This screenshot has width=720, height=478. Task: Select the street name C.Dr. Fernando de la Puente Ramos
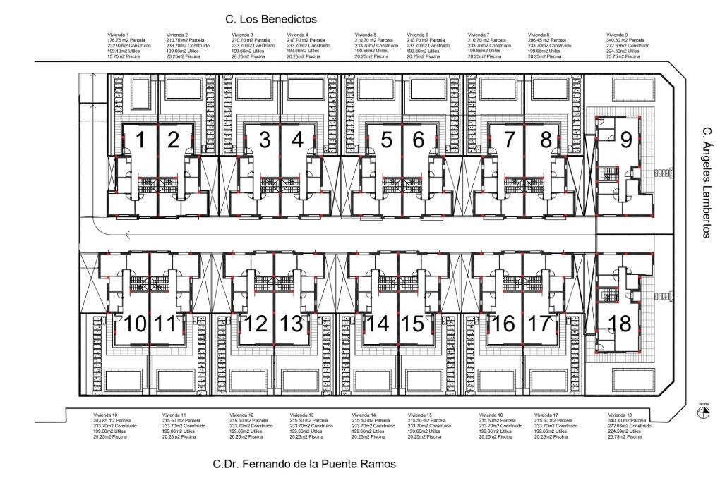coord(300,464)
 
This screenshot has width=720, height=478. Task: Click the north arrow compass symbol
coord(703,414)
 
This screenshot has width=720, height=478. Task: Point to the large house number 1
coord(140,140)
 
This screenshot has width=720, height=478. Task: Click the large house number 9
coord(625,140)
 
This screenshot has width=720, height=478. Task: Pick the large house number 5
coord(386,140)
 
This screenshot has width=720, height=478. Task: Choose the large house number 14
coord(378,324)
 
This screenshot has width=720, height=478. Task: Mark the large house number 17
coord(538,324)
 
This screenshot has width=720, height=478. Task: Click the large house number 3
coord(265,140)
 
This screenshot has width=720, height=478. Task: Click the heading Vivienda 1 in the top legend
coord(117,34)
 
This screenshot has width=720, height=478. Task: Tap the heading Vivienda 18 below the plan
coord(619,415)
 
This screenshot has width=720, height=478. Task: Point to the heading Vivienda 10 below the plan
coord(105,415)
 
